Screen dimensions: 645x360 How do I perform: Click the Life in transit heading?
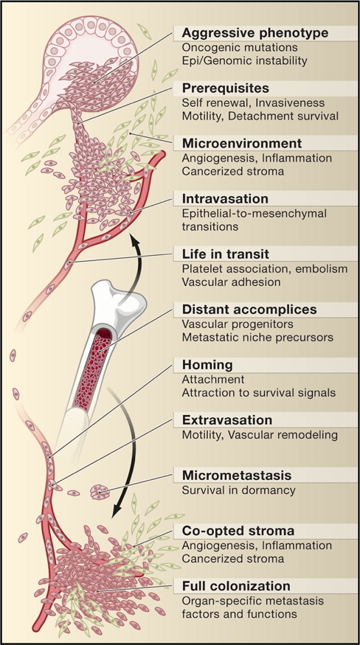(224, 254)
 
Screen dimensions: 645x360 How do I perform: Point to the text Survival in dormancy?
(239, 490)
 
